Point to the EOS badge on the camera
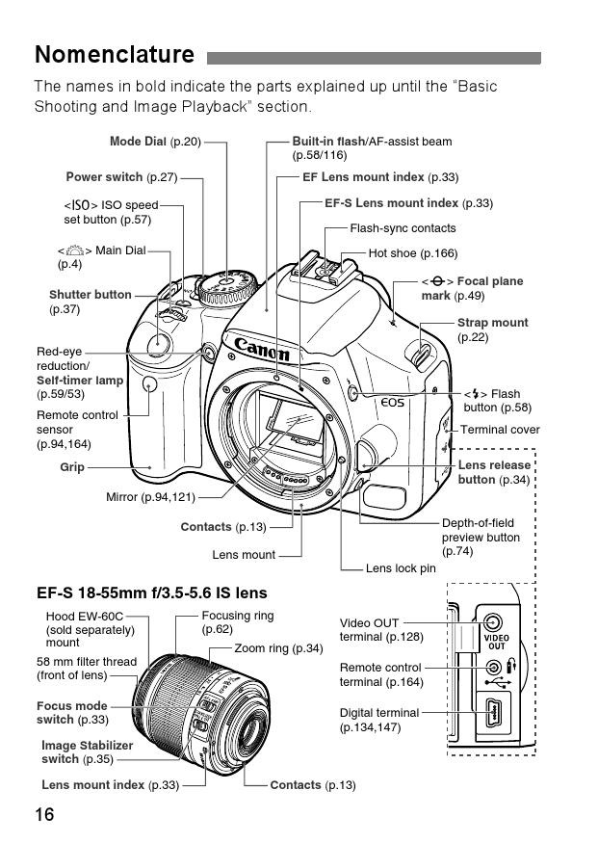(392, 403)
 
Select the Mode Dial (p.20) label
(155, 142)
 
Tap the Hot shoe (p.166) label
(412, 253)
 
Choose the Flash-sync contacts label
(403, 228)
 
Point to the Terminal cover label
(500, 430)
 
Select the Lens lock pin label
(401, 568)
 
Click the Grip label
(72, 467)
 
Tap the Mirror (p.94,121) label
(150, 497)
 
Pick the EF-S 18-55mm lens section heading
(151, 593)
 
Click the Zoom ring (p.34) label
(278, 648)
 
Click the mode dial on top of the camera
(226, 284)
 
